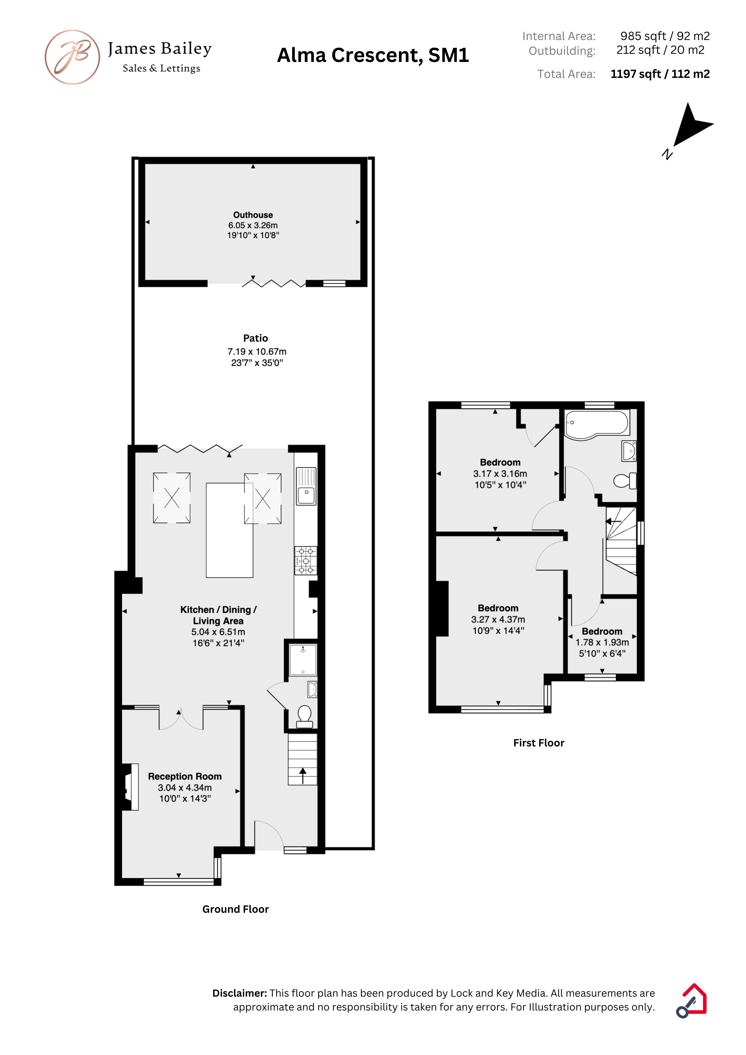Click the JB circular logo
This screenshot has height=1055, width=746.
[72, 57]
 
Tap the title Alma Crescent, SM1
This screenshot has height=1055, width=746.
[373, 55]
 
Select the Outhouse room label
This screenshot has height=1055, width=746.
[253, 215]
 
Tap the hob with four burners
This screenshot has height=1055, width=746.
[306, 561]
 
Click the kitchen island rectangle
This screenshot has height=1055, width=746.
[229, 530]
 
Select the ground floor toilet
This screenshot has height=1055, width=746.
[304, 717]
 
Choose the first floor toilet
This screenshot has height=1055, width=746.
[625, 481]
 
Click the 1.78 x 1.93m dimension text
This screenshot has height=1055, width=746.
[602, 642]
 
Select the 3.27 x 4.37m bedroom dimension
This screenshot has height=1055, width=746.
[498, 620]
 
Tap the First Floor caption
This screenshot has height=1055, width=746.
[539, 743]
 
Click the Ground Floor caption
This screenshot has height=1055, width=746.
[235, 909]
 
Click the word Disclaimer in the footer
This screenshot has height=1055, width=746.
[239, 993]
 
